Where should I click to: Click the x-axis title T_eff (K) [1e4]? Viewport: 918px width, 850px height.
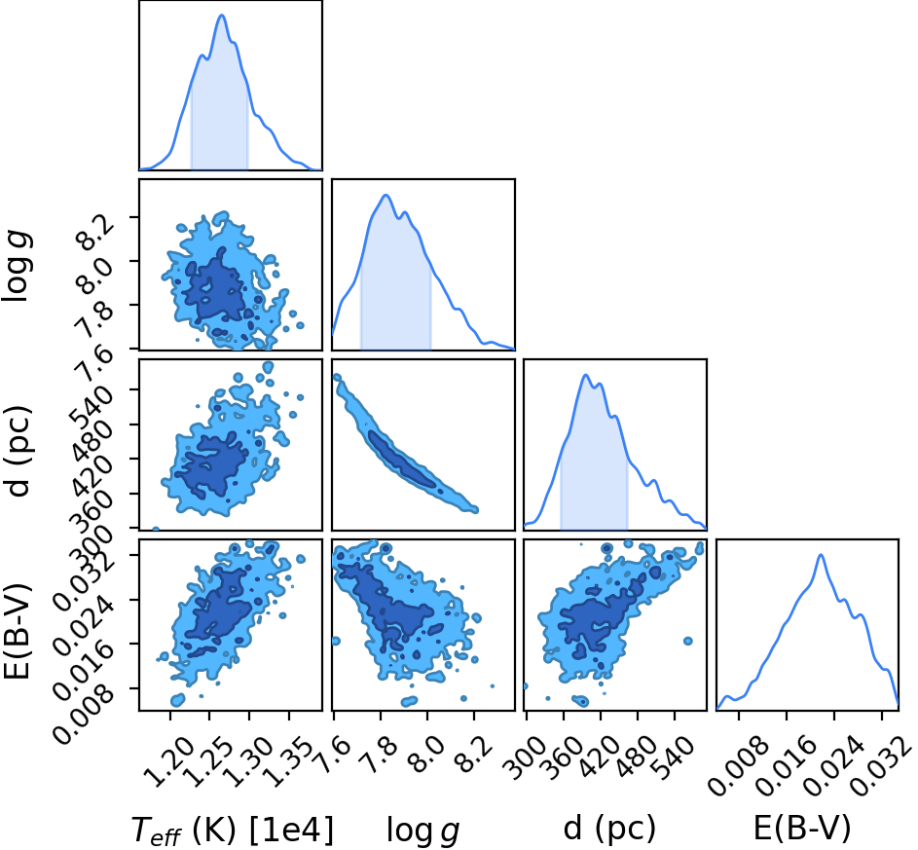(x=233, y=830)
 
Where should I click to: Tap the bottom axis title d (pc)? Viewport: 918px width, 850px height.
(x=609, y=829)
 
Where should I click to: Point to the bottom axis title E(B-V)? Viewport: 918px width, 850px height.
(x=801, y=829)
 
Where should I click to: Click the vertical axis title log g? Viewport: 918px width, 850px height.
(x=17, y=267)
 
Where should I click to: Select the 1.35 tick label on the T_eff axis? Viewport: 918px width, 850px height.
(x=285, y=760)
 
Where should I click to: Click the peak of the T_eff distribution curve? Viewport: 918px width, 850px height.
(x=222, y=16)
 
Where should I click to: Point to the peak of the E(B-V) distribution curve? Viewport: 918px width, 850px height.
(x=821, y=555)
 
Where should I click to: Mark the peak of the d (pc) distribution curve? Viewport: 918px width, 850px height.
(x=585, y=375)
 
